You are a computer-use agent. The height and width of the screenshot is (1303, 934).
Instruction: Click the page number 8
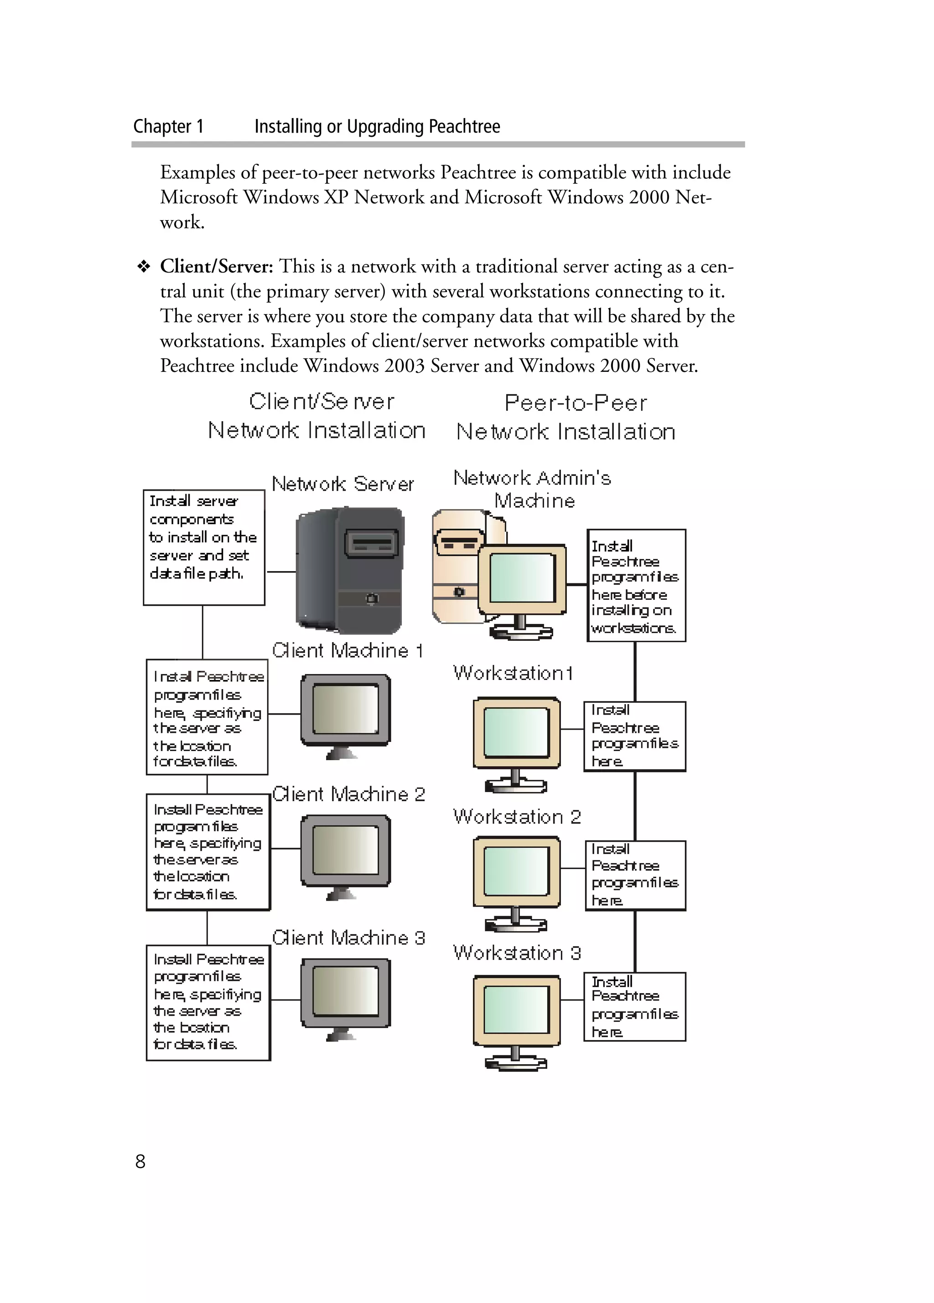point(140,1161)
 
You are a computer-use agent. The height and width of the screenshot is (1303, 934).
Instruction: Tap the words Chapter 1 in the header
point(168,126)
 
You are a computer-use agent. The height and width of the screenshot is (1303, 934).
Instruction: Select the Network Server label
point(342,484)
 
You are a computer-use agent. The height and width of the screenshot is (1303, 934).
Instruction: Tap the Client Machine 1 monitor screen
point(345,709)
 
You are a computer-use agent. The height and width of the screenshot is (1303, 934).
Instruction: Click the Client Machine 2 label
point(348,794)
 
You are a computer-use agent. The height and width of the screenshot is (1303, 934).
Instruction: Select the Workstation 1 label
point(512,673)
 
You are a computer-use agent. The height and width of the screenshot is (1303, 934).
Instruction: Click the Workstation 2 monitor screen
point(516,871)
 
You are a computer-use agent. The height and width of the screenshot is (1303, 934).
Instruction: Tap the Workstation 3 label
point(517,953)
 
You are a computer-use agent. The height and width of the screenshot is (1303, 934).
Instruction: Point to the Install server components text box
point(203,547)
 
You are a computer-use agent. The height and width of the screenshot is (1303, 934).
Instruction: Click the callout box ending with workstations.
point(636,585)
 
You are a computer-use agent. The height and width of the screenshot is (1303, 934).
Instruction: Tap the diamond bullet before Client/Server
point(143,267)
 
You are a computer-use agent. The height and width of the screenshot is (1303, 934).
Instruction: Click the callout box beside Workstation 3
point(634,1007)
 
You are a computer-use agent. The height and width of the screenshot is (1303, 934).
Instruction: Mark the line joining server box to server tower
point(280,572)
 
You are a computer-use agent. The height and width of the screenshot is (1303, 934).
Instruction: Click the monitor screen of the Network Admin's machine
point(522,577)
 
